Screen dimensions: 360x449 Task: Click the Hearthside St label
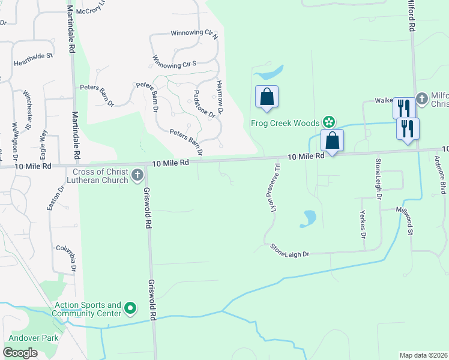34,60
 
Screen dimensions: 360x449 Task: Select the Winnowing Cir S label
175,62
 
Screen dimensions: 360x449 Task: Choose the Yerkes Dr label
362,224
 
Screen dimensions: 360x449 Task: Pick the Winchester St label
27,110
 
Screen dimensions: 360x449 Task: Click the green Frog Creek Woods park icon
329,122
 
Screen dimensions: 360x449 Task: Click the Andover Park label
33,338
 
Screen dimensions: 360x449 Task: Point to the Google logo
20,353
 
